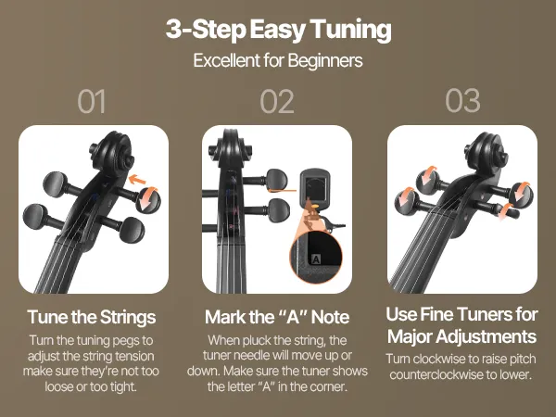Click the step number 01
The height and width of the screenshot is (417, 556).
coord(91,101)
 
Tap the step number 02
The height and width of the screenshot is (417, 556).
coord(277,101)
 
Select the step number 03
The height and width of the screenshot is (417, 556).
coord(462,101)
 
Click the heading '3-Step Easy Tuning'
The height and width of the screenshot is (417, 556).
coord(278,30)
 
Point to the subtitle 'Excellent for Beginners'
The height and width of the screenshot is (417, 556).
coord(278,60)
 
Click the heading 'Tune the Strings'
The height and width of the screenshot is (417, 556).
coord(92,317)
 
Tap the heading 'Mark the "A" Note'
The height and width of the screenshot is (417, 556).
coord(277,317)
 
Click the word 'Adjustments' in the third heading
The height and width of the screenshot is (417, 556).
coord(486,336)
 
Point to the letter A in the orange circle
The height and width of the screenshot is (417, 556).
coord(316,259)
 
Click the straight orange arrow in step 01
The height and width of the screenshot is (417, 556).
coord(137,180)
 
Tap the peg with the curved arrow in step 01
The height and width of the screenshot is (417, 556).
coord(148,200)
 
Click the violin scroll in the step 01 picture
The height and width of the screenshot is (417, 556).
coord(113,151)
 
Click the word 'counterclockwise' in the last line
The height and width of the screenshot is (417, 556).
coord(435,374)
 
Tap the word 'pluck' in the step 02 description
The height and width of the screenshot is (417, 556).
coord(252,341)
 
